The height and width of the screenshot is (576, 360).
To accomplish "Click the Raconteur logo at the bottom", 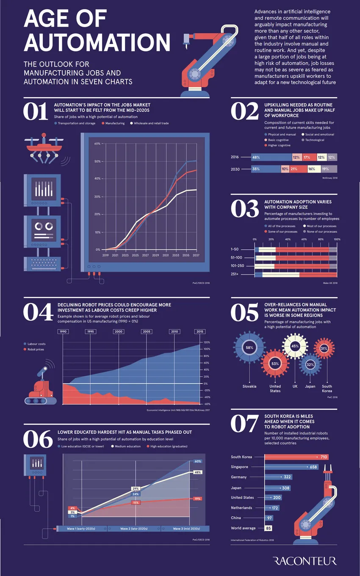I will pyautogui.click(x=305, y=561).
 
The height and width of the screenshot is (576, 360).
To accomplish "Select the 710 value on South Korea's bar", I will pyautogui.click(x=324, y=457).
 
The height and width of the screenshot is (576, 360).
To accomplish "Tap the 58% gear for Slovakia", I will pyautogui.click(x=249, y=347).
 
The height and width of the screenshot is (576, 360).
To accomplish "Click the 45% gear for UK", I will pyautogui.click(x=295, y=346).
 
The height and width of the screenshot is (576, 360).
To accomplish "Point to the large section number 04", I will pyautogui.click(x=37, y=312).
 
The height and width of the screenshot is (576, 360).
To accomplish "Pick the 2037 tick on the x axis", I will pyautogui.click(x=196, y=256).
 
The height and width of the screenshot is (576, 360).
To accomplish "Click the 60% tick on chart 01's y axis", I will pyautogui.click(x=97, y=143).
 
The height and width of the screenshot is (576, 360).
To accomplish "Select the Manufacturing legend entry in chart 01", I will pyautogui.click(x=113, y=123).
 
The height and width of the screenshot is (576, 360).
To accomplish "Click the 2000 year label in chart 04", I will pyautogui.click(x=119, y=331).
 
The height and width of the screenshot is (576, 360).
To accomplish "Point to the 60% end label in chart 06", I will pyautogui.click(x=197, y=461).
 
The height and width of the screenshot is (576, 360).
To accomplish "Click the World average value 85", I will pyautogui.click(x=268, y=528).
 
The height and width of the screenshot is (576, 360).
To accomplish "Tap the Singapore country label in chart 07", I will pyautogui.click(x=240, y=467).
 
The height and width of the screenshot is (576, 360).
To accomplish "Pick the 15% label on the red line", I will pyautogui.click(x=136, y=502).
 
